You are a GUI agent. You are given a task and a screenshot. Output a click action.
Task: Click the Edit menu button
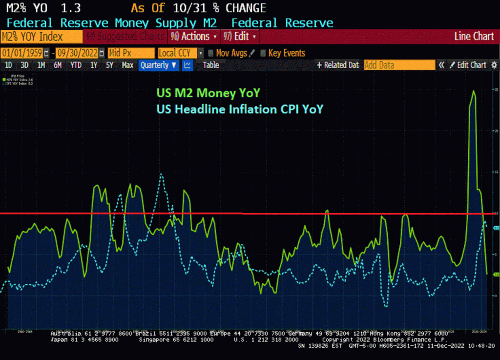(x=240, y=37)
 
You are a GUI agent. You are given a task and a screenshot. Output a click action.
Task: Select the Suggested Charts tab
(x=126, y=37)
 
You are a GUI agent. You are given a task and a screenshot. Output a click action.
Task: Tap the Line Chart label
(x=474, y=37)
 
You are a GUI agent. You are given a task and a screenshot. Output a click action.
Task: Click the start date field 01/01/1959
(x=22, y=53)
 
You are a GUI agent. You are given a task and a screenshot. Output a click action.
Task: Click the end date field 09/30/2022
(x=77, y=53)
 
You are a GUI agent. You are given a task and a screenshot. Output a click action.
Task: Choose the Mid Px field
(x=130, y=53)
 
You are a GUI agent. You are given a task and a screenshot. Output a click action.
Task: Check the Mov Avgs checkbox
(x=210, y=53)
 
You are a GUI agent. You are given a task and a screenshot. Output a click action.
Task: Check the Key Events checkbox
(x=263, y=53)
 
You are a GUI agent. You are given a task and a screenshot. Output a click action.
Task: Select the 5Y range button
(x=109, y=65)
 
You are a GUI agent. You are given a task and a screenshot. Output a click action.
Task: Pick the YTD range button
(x=76, y=65)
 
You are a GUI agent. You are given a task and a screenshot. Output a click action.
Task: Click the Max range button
(x=127, y=65)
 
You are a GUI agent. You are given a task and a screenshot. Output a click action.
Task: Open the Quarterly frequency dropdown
(x=158, y=65)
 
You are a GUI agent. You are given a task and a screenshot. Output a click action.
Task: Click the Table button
(x=211, y=65)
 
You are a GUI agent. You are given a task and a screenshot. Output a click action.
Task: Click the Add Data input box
(x=399, y=65)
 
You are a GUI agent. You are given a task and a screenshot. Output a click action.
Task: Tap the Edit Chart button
(x=467, y=65)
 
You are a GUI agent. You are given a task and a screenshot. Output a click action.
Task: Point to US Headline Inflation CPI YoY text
(x=239, y=109)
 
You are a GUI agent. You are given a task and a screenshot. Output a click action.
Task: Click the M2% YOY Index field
(x=41, y=37)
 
